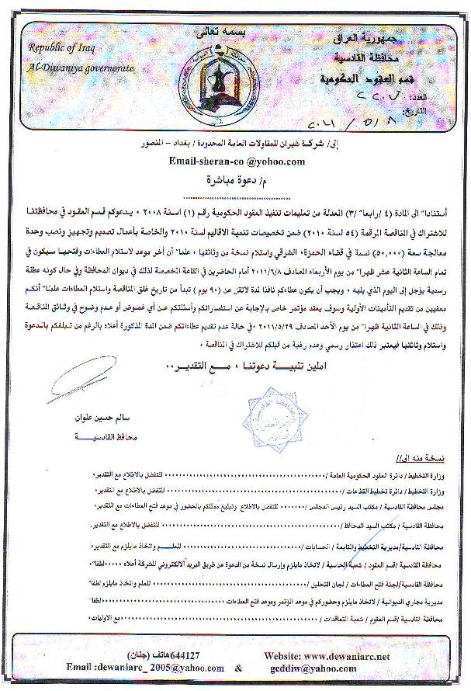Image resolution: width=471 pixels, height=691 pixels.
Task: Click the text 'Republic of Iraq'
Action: coord(60,49)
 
